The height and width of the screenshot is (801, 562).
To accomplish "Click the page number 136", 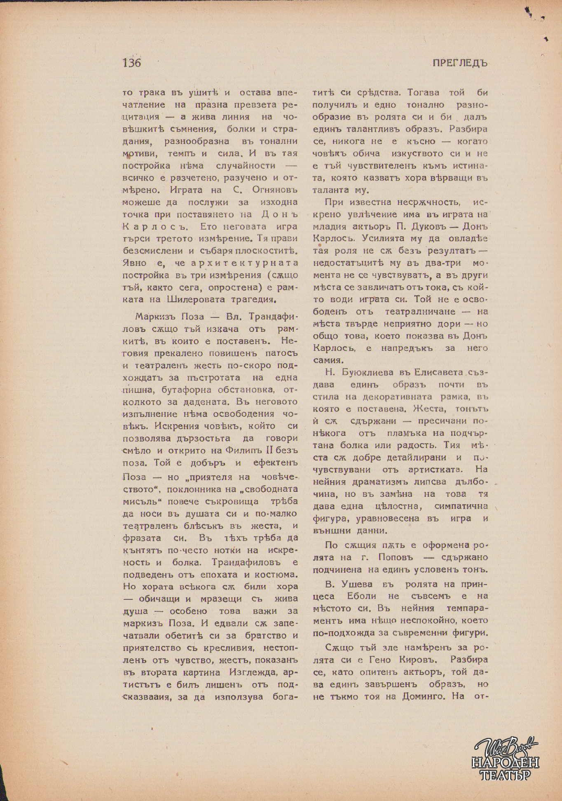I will (x=131, y=63).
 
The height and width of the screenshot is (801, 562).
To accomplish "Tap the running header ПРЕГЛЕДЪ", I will (x=460, y=63).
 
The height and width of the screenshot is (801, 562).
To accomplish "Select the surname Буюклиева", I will (x=364, y=372).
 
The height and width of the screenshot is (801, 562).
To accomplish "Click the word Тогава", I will (x=421, y=92).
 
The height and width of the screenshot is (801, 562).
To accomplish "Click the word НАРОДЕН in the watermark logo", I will (x=505, y=762).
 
